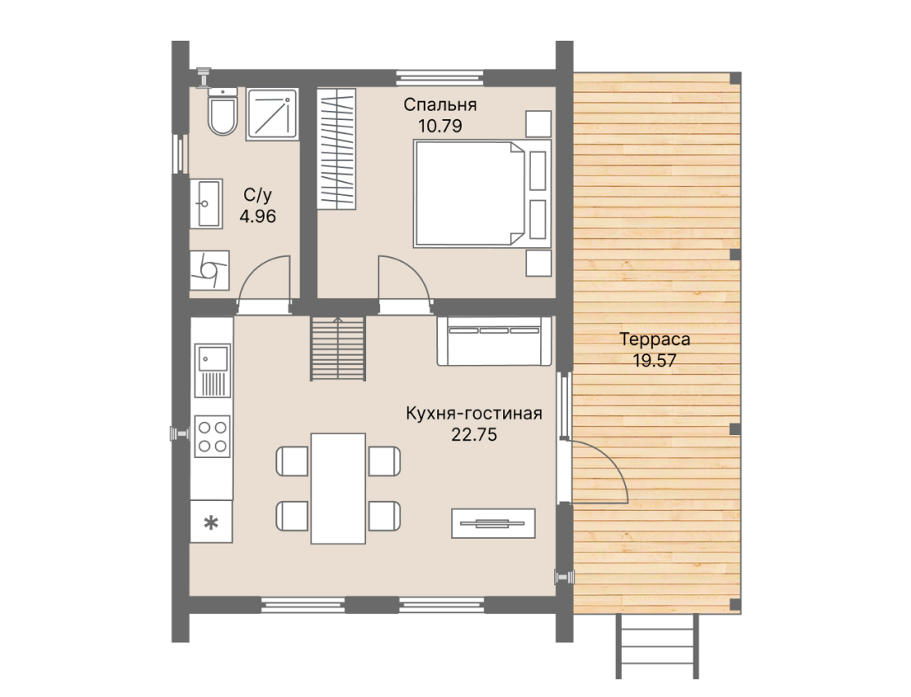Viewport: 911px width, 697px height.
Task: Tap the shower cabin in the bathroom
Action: (x=272, y=114)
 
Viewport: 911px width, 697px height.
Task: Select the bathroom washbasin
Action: (x=206, y=204)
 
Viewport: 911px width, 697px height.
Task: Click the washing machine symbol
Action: (x=210, y=270)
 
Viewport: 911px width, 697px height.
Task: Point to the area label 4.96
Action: (x=258, y=216)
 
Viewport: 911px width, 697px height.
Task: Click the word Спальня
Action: (x=440, y=104)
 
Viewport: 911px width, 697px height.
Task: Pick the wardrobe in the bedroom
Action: (x=337, y=149)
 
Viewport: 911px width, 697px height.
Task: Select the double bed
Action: (x=482, y=193)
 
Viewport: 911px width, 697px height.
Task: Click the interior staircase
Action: (x=337, y=348)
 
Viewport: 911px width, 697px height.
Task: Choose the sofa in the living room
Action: (x=494, y=340)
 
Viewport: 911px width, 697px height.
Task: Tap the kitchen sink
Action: (x=212, y=371)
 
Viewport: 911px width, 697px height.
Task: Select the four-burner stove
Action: (x=212, y=437)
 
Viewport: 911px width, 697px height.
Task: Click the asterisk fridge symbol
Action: (x=211, y=522)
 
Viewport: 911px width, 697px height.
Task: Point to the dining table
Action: (x=338, y=489)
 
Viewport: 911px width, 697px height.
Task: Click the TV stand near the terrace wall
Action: (x=493, y=523)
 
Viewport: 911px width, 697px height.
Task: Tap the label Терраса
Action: (x=654, y=340)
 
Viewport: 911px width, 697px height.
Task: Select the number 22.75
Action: (x=474, y=435)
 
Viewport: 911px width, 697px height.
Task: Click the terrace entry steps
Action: (x=657, y=646)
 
